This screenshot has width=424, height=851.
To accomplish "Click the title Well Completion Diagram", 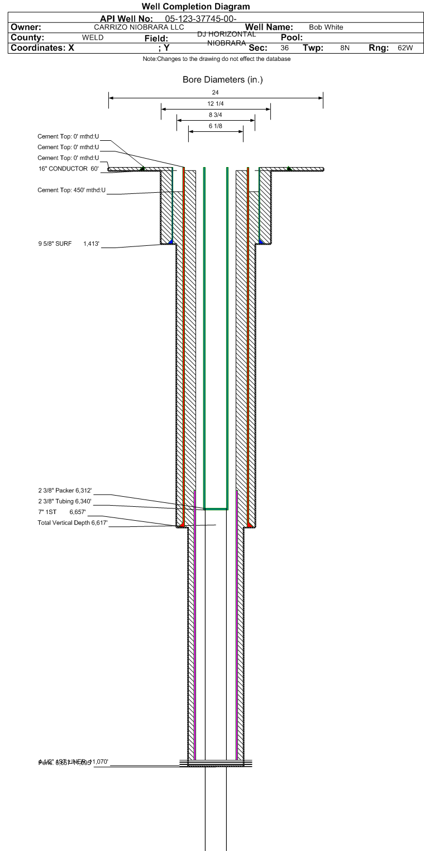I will [x=196, y=7].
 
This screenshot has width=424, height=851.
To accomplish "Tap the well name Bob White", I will [x=326, y=27].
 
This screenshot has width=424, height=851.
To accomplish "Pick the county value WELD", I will [x=92, y=37].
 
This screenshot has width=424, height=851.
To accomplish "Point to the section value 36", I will [x=284, y=48].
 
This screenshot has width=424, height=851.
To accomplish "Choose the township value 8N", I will [x=345, y=48].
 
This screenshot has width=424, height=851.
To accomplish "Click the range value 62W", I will [x=405, y=48].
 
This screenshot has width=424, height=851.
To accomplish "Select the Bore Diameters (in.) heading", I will [x=222, y=80].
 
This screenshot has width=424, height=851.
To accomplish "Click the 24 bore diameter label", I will [x=216, y=92].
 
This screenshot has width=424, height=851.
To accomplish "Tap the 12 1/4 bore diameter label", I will [x=216, y=104].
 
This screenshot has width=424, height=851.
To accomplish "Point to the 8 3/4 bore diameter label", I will [x=216, y=115].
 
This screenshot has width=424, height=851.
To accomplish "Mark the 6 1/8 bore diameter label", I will [x=216, y=126].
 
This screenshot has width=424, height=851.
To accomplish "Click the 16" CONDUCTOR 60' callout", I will [x=68, y=168].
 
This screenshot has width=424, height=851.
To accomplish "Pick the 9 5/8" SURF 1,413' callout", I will [x=68, y=244].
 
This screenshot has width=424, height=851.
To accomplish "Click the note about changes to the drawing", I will [x=216, y=59].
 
